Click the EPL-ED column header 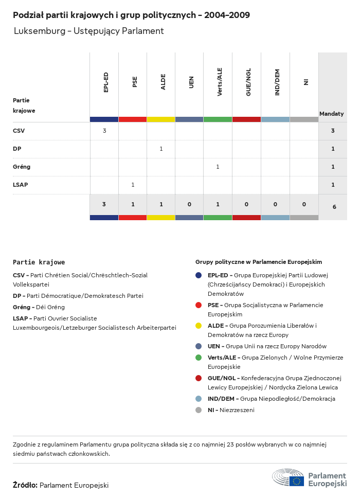coord(106,82)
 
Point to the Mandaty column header coord(332,114)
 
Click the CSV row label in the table coord(19,131)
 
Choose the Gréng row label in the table coord(22,167)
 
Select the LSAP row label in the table coord(20,185)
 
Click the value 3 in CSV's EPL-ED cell coord(104,131)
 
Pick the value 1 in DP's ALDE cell coord(161,149)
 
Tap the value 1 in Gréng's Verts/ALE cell coord(218,167)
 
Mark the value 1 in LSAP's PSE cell coord(133,185)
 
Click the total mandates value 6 coord(334,207)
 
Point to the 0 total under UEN coord(189,204)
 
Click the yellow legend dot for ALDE coord(199,326)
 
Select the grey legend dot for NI coord(199,410)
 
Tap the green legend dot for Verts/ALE coord(199,358)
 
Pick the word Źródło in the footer coord(25,485)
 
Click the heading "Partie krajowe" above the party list coord(39,262)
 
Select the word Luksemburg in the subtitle coord(38,31)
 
